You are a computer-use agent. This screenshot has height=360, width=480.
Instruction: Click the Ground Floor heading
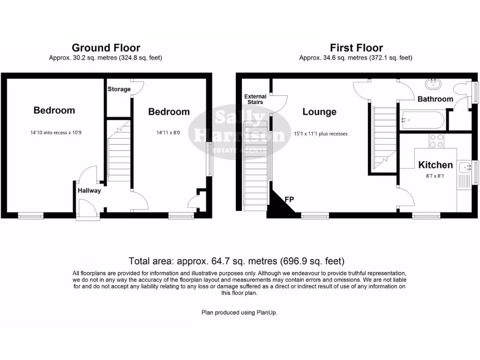tap(105, 48)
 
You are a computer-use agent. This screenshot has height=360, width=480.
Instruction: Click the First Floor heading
tap(356, 48)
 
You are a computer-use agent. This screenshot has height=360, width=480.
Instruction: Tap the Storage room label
tap(119, 89)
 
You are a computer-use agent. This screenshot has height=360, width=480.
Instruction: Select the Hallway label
tap(89, 190)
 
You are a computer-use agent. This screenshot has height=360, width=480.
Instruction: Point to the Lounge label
tap(319, 112)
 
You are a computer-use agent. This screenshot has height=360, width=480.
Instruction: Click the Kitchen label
tap(435, 165)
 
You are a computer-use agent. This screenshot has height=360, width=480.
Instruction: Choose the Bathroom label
tap(435, 99)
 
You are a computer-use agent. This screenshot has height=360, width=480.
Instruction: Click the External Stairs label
tap(255, 99)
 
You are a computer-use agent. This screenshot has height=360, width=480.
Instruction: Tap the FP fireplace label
tap(290, 200)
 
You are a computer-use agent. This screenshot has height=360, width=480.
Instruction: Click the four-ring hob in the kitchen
tap(437, 141)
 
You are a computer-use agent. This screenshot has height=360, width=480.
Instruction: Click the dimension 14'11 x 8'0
tap(169, 133)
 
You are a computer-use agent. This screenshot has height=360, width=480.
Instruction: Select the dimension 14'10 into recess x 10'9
tap(56, 133)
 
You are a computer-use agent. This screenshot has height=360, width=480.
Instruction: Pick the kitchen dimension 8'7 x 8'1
tap(435, 177)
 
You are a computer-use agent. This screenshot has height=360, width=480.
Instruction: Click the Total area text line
tap(237, 261)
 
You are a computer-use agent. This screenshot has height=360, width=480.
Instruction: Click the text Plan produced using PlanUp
tap(239, 312)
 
